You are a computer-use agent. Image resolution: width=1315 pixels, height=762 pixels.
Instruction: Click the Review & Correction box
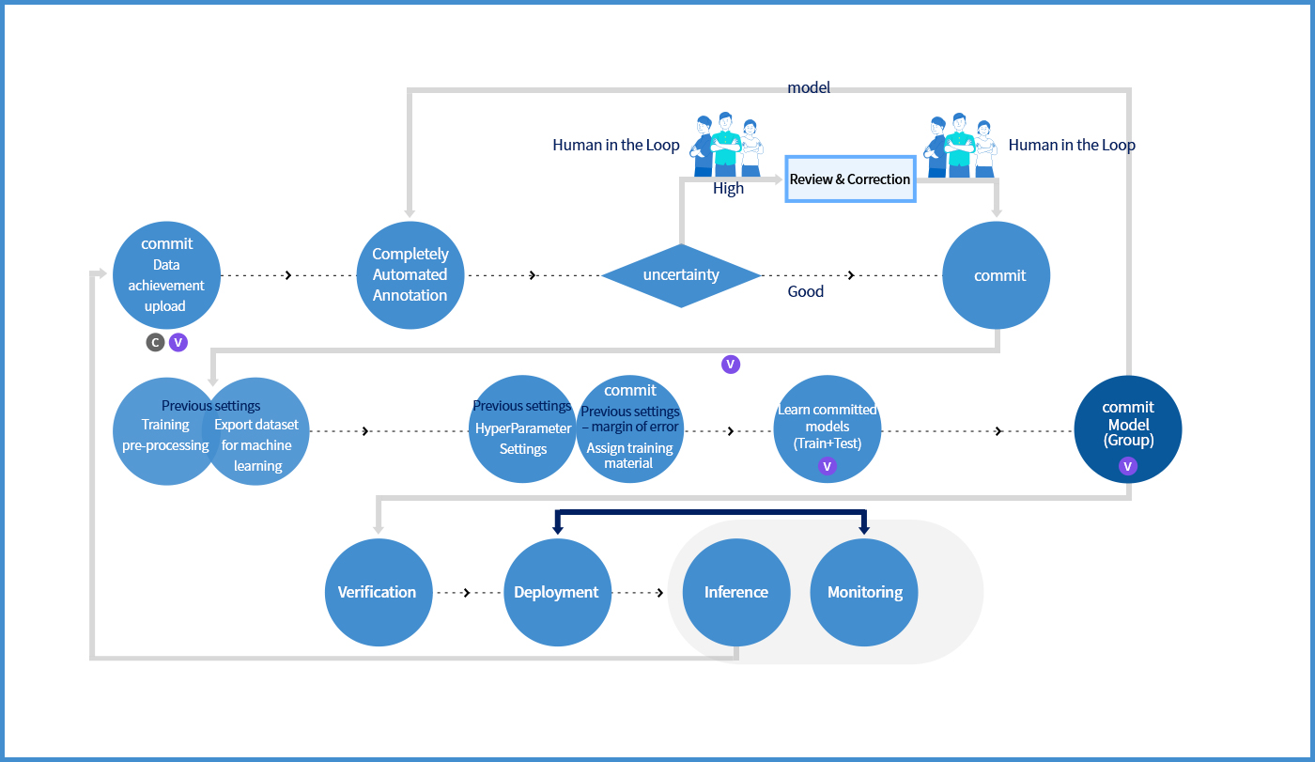click(x=850, y=179)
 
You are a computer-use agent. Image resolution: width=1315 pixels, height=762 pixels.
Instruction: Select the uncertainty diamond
click(x=681, y=275)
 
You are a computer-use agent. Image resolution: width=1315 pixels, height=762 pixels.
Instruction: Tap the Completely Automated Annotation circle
click(x=410, y=274)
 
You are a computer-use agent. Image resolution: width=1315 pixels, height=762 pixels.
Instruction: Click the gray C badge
click(x=155, y=343)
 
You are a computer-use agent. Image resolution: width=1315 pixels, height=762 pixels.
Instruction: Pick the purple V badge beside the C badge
click(x=178, y=343)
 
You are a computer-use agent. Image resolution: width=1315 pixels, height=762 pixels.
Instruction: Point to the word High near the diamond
click(x=728, y=189)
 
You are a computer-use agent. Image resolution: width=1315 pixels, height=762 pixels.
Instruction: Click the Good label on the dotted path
click(x=805, y=291)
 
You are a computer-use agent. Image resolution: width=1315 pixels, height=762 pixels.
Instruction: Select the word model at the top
click(x=809, y=87)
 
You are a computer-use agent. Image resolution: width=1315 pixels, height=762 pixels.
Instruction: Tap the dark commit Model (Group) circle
click(x=1128, y=428)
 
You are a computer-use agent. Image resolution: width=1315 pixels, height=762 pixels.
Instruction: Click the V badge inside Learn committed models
click(x=828, y=465)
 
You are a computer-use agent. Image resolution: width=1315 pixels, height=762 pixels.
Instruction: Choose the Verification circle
click(x=378, y=592)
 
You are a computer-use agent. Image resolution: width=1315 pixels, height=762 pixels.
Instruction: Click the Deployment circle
click(x=557, y=592)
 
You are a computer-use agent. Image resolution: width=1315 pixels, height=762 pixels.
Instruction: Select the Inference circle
click(x=736, y=592)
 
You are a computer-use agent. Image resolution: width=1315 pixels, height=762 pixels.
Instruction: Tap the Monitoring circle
click(x=865, y=592)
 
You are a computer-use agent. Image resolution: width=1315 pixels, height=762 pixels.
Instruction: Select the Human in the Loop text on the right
click(x=1072, y=145)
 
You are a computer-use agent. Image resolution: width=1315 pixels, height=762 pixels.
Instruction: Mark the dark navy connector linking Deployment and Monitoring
click(x=711, y=513)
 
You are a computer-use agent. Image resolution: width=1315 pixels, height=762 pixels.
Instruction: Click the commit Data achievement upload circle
click(x=166, y=274)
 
